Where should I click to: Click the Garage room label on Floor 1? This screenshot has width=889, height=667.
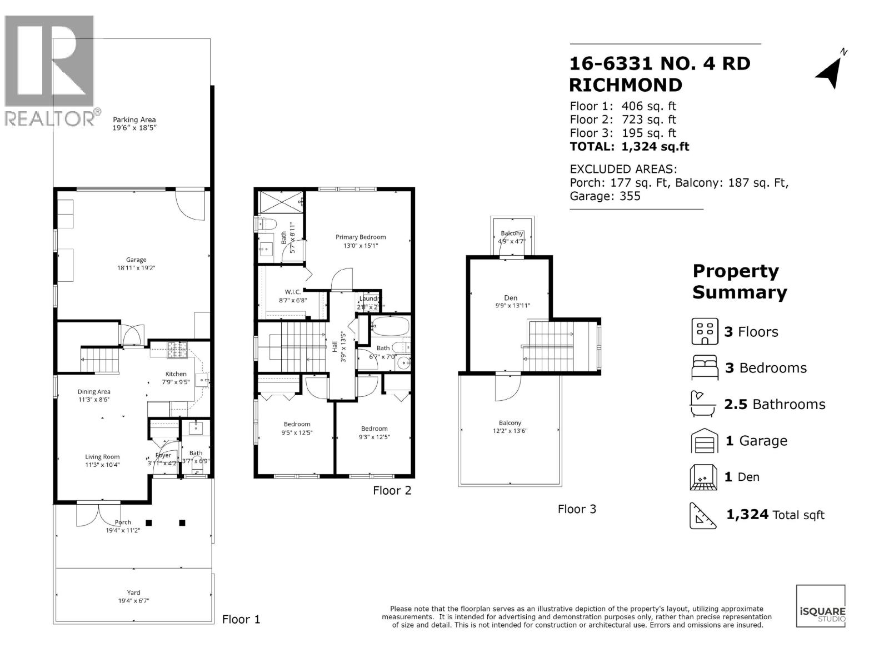(136, 260)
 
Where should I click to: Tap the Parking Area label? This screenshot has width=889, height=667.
(134, 120)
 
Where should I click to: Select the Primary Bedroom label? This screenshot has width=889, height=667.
(360, 237)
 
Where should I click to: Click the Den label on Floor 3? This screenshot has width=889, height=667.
(510, 298)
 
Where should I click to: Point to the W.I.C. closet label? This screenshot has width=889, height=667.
(293, 292)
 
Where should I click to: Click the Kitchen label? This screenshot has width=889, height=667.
(176, 374)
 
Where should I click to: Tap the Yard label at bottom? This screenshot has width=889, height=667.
(133, 593)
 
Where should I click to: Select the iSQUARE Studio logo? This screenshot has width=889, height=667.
(821, 606)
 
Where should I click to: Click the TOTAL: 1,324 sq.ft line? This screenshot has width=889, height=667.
(629, 147)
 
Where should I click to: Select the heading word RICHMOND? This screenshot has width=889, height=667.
(626, 85)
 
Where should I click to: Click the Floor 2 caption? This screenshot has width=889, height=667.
(392, 490)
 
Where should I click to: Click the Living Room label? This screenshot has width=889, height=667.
(102, 457)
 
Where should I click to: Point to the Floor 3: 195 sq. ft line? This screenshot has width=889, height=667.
(622, 133)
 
